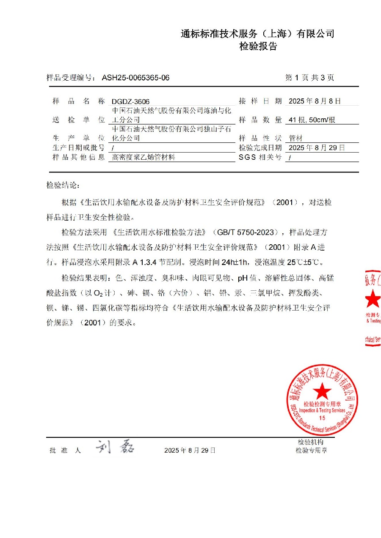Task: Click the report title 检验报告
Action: point(258,47)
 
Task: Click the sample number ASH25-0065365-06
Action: point(135,78)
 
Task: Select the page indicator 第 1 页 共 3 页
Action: point(310,78)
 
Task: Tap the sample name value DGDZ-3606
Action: point(130,102)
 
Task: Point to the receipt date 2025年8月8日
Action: point(314,101)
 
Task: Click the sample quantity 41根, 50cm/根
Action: point(312,120)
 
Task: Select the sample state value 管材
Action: point(295,138)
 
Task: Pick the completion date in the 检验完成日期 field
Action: point(316,148)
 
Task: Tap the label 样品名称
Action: point(78,101)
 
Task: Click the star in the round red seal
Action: point(322,391)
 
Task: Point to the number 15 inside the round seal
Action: point(322,418)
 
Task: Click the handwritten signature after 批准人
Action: point(114,448)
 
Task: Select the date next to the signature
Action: point(190,451)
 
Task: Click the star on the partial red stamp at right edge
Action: point(374,299)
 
